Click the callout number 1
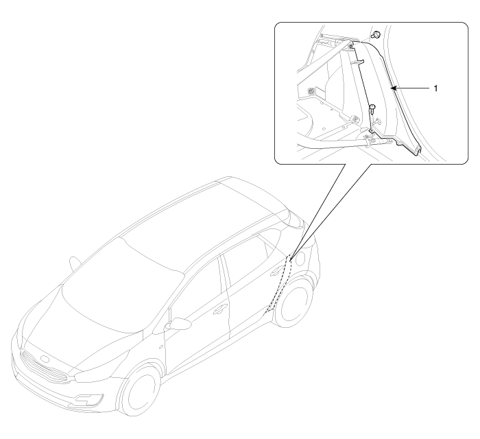tap(435, 88)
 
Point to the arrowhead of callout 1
tap(395, 88)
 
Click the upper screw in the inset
tap(376, 35)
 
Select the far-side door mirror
tap(75, 264)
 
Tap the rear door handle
tap(276, 270)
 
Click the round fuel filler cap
tap(300, 258)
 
